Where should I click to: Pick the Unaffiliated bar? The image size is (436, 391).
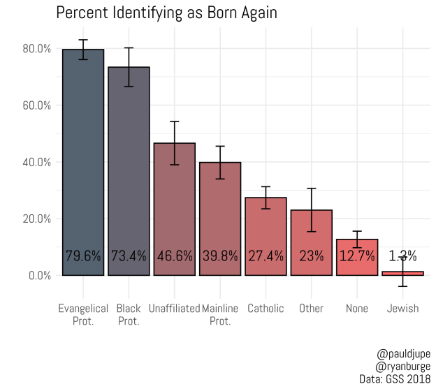(175, 209)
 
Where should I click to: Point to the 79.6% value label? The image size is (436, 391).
(83, 256)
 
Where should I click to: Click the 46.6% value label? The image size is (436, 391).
(175, 256)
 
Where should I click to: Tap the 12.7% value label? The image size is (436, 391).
(357, 256)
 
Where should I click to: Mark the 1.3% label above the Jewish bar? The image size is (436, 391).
(402, 256)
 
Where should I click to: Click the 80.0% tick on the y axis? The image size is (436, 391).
(36, 49)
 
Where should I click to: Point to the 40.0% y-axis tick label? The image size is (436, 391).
(36, 162)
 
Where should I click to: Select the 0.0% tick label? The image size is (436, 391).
(39, 275)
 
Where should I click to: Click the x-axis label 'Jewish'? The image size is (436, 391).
(402, 309)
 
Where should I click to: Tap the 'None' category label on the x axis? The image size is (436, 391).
(357, 309)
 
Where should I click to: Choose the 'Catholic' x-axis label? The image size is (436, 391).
(266, 309)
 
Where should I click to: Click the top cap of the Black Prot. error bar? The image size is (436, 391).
(129, 47)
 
